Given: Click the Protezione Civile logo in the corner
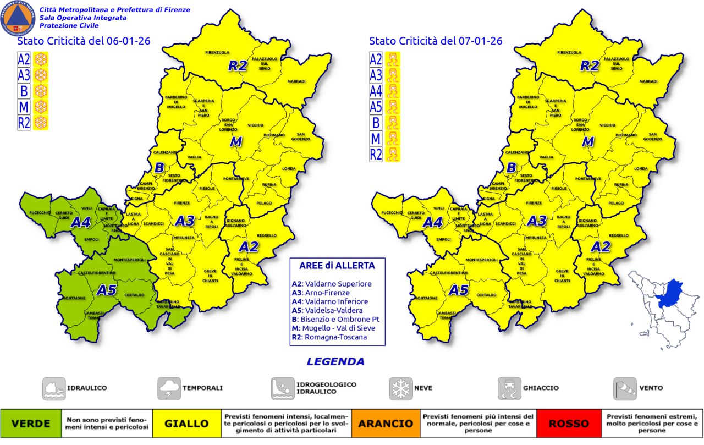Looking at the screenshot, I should (x=19, y=19).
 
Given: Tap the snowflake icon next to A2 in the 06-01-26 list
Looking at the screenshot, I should (x=41, y=59).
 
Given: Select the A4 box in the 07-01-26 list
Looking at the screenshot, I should (x=376, y=91).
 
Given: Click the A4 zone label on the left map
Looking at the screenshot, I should (x=81, y=223).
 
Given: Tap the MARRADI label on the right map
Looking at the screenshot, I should (x=648, y=81).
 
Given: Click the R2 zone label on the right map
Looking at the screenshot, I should (x=589, y=66).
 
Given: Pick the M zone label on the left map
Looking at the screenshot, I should (x=236, y=142).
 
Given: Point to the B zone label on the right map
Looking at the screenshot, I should (x=511, y=168).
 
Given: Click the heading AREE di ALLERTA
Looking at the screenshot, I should (x=337, y=266).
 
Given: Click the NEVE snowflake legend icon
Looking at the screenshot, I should (x=400, y=388).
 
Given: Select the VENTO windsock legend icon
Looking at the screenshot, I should (x=625, y=388).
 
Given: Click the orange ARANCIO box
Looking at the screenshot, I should (x=386, y=424).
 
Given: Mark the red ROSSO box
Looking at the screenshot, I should (x=569, y=424).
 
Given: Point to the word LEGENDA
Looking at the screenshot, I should (x=335, y=361).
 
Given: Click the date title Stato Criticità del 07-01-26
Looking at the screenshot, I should (x=436, y=41).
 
